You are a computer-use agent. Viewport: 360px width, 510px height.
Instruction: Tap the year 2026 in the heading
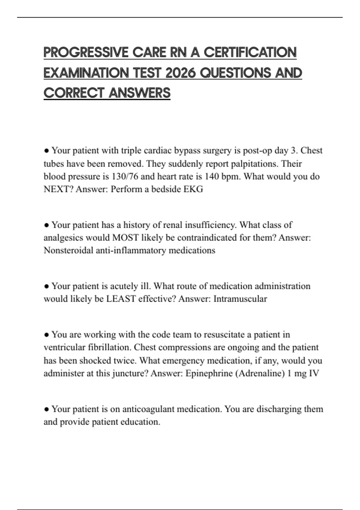click(180, 73)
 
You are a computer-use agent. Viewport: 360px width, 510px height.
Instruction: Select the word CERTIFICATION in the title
click(250, 52)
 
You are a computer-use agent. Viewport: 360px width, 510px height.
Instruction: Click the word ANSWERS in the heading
click(139, 93)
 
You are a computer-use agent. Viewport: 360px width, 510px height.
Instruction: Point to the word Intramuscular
click(240, 299)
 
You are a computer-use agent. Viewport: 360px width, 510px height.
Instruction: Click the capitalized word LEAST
click(121, 299)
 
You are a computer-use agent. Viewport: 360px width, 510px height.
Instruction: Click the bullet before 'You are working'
click(46, 334)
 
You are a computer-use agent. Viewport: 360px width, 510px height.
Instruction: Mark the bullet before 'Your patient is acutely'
click(46, 286)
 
